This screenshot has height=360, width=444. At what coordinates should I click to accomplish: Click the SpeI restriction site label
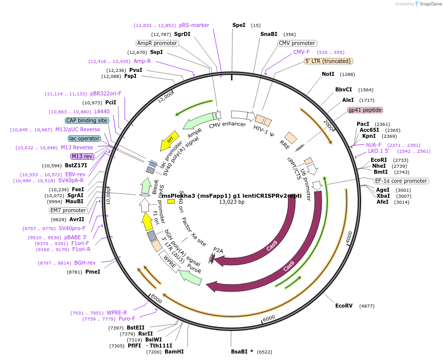239,25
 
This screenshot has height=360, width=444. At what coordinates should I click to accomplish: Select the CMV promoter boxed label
297,43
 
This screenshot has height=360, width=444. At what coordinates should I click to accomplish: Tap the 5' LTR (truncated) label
329,61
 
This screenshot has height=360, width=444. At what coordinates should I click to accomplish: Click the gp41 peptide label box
365,110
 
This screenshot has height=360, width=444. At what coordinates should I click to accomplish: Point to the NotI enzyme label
328,74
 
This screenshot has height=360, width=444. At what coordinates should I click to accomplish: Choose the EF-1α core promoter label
401,181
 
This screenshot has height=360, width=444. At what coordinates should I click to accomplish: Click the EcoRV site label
344,306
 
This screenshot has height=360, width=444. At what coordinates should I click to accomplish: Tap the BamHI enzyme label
174,352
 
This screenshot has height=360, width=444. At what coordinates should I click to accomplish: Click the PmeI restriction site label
93,272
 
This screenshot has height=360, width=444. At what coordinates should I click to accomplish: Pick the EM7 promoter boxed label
68,210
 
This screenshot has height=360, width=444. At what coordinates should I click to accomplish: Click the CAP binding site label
86,120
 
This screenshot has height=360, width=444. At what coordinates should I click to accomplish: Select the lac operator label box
84,138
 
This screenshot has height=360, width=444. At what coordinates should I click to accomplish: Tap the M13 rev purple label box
82,156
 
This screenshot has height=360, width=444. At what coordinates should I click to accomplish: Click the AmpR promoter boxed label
157,43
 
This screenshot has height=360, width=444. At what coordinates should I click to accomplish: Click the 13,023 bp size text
232,202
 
